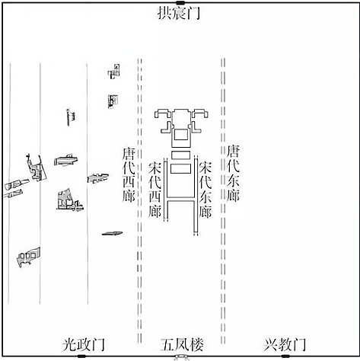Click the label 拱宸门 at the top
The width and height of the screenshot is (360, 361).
pos(179,13)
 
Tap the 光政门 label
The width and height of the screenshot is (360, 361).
pos(84,344)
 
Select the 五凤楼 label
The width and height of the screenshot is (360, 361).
pos(182,344)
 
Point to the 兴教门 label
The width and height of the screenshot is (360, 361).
pos(285,344)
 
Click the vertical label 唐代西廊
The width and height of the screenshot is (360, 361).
pos(129,175)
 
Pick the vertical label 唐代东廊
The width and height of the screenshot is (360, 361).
pos(233,173)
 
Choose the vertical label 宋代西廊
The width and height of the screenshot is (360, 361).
pos(155,190)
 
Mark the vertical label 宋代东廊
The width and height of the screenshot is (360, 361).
pos(205,190)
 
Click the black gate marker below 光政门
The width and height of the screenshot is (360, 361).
pos(81,356)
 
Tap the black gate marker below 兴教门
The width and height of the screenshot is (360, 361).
pos(285,356)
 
